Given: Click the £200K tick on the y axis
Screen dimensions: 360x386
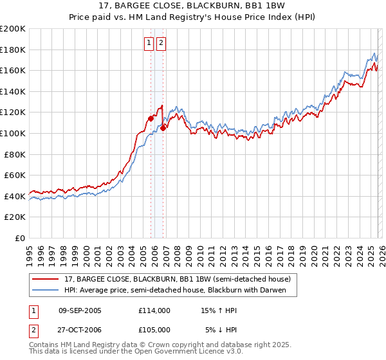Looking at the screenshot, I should tap(13, 29).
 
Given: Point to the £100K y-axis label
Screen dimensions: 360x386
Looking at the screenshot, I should tap(13, 133).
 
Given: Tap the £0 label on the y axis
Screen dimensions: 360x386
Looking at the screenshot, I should tap(20, 238).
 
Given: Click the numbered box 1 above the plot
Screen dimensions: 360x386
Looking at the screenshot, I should tap(149, 44).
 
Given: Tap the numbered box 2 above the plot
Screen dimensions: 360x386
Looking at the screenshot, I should tap(160, 44).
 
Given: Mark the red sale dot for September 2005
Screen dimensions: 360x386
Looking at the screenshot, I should tap(151, 118).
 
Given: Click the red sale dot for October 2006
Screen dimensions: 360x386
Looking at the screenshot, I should tap(163, 128).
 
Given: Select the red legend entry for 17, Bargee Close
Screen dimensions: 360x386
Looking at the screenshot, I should tap(178, 279).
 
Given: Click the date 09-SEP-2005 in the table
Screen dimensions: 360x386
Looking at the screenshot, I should tap(80, 310).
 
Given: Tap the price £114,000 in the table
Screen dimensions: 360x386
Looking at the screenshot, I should tap(154, 310).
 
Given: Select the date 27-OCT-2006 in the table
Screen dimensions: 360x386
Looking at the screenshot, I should tap(80, 330).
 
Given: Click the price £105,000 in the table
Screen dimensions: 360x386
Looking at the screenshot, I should tap(154, 330).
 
